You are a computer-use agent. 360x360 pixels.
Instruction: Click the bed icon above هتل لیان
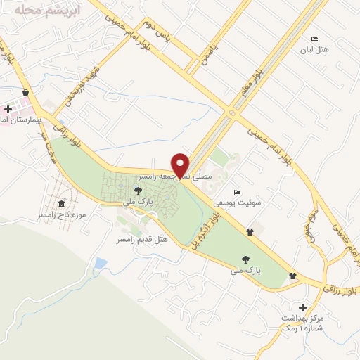[314, 39]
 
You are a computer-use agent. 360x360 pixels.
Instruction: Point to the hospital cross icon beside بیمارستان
[8, 109]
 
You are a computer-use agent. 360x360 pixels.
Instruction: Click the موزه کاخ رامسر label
[62, 214]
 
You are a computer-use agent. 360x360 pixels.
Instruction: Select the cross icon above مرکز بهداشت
[302, 307]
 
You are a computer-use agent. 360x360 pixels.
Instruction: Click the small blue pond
[101, 264]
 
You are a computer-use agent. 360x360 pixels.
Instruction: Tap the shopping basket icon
[26, 92]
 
